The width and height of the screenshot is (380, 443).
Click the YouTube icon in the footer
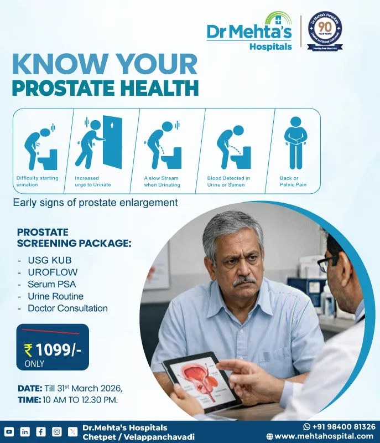click(9, 431)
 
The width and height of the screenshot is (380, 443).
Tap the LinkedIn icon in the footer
click(25, 431)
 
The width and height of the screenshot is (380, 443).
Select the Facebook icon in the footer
click(41, 431)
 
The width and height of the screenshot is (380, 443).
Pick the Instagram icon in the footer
click(57, 431)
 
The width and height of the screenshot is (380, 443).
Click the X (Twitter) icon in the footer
click(73, 431)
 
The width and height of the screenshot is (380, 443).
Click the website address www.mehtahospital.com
click(323, 436)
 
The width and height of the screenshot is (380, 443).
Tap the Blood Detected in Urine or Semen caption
click(228, 182)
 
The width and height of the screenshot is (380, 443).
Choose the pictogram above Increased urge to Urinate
click(98, 143)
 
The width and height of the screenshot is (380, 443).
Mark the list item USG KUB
click(49, 260)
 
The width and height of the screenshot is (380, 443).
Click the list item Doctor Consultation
click(67, 308)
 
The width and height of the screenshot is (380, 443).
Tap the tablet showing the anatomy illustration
click(202, 380)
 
